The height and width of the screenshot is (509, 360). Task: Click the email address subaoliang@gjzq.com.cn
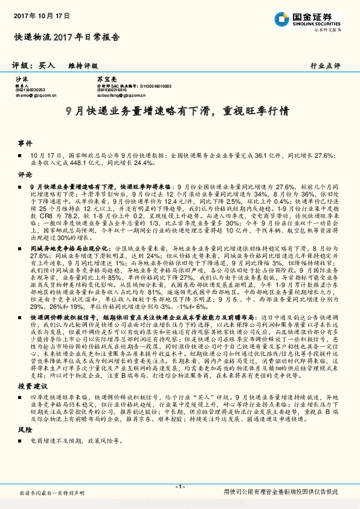pos(116,95)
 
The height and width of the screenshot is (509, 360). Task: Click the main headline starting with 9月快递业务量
pos(179,112)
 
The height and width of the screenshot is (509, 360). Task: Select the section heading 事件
pos(25,144)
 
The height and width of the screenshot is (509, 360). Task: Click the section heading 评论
pos(25,174)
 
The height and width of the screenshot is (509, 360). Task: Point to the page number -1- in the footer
pos(179,487)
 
